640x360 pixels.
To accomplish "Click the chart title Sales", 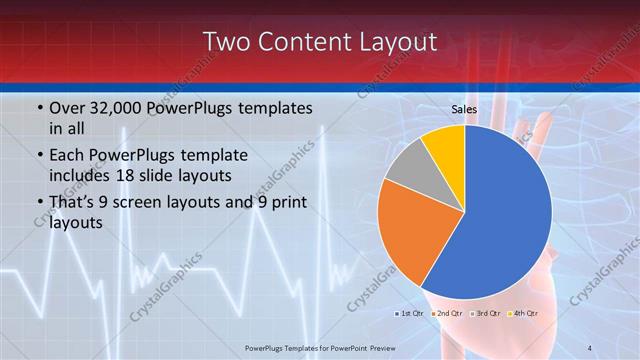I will tap(464, 109).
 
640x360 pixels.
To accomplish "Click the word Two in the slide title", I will tap(226, 42).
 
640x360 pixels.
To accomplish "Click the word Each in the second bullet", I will tap(67, 157).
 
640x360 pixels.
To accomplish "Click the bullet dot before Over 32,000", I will tap(39, 108).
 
